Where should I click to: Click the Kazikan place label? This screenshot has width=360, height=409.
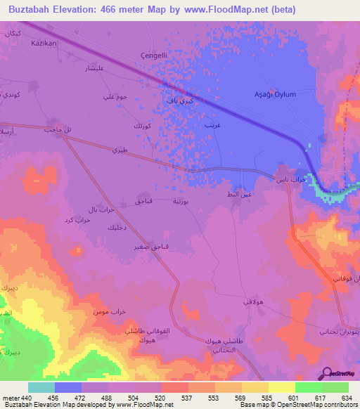click(43, 43)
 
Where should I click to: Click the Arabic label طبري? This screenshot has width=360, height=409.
click(120, 149)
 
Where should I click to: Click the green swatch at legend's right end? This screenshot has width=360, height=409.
click(335, 387)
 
